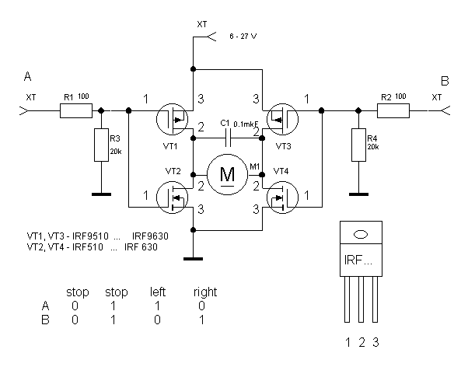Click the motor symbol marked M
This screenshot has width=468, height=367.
(228, 174)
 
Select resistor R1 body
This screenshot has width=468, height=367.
(76, 112)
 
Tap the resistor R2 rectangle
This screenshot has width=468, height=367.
(393, 112)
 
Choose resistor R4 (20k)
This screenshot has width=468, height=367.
(358, 145)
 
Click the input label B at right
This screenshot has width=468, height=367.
(445, 80)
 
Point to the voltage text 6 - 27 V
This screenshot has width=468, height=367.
(243, 37)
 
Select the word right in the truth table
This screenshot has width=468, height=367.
(205, 292)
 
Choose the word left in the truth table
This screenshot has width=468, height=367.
(159, 292)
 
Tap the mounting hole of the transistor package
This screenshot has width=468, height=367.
(359, 233)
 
